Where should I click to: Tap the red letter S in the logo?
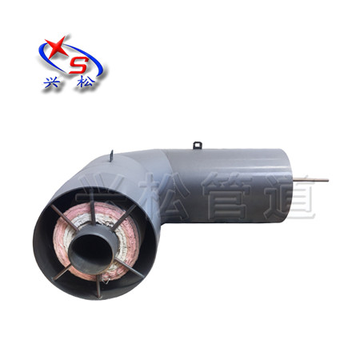79,65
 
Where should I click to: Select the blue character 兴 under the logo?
51,83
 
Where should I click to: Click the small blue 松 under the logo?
86,82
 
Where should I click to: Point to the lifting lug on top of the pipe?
198,145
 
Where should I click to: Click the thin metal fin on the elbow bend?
111,156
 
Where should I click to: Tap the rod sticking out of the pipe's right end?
310,180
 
